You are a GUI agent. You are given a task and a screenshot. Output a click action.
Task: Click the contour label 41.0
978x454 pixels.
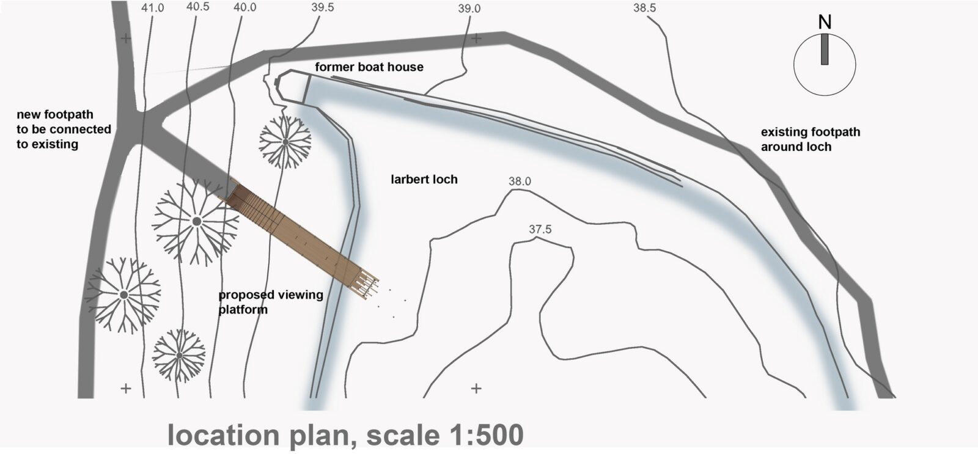click(x=152, y=8)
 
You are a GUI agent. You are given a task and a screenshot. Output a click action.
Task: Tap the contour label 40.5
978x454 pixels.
click(x=197, y=7)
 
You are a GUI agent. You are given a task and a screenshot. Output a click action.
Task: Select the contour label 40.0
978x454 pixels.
click(x=244, y=7)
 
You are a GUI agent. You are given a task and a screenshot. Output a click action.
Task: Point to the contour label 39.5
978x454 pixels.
click(x=322, y=7)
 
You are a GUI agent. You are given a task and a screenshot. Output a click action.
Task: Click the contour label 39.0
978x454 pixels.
click(x=469, y=9)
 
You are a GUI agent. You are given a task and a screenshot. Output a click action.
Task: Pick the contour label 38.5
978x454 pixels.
click(x=644, y=8)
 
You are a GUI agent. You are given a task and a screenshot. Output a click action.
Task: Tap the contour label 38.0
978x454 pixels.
click(x=520, y=181)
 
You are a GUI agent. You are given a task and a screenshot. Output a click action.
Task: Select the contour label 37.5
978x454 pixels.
click(x=540, y=229)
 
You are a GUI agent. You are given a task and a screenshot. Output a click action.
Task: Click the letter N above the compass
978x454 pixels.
click(x=825, y=23)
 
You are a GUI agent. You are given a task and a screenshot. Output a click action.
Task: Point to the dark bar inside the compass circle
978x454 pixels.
click(x=825, y=49)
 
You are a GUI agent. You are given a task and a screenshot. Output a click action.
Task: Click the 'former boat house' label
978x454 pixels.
click(x=369, y=67)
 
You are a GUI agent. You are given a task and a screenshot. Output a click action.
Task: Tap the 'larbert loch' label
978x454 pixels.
click(x=424, y=179)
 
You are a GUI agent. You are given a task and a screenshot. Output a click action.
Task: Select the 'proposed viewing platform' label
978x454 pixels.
click(x=271, y=302)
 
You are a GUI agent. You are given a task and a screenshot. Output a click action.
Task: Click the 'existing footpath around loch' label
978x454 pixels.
click(x=811, y=139)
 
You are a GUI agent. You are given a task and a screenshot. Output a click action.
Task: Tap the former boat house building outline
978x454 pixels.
click(x=293, y=87)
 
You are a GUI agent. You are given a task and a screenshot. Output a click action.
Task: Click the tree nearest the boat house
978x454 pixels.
click(x=285, y=142)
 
